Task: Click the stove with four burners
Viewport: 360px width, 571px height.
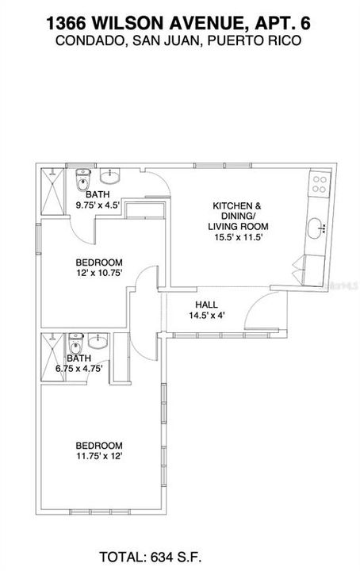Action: [320, 185]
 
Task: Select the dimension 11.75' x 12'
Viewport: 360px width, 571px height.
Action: [99, 456]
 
